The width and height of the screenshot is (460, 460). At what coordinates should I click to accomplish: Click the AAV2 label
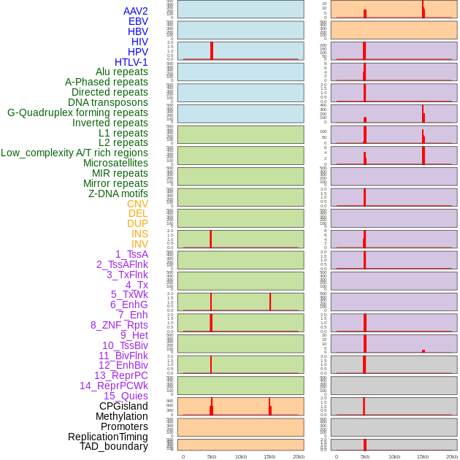(x=136, y=11)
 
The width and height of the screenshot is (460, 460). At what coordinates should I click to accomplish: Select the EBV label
(x=138, y=21)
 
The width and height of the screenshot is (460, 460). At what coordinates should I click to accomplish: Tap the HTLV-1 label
(x=131, y=62)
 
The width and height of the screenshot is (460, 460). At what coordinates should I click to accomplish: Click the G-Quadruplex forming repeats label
(x=77, y=112)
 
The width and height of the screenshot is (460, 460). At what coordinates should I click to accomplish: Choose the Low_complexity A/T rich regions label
(x=74, y=153)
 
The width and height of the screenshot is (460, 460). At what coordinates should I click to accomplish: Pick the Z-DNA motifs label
(x=118, y=193)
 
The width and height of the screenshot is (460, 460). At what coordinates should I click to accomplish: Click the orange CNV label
(x=137, y=204)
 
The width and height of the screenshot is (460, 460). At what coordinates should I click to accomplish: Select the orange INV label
(x=139, y=244)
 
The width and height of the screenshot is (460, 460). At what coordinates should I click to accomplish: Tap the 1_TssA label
(x=131, y=254)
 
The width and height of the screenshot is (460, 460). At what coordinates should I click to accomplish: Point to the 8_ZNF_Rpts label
(x=119, y=325)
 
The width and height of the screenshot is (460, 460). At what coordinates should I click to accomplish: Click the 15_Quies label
(x=126, y=396)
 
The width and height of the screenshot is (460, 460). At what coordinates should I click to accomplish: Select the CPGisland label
(x=123, y=406)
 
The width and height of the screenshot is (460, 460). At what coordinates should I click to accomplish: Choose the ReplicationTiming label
(x=108, y=437)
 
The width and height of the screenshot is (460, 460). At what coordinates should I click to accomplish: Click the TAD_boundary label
(x=114, y=446)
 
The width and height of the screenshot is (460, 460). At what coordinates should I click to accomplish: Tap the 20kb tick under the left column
(x=299, y=456)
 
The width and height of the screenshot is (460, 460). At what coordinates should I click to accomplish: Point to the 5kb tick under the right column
(x=365, y=456)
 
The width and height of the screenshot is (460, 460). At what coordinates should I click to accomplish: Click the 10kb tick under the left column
(x=241, y=456)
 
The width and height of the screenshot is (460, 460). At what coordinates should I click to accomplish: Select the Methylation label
(x=122, y=416)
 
